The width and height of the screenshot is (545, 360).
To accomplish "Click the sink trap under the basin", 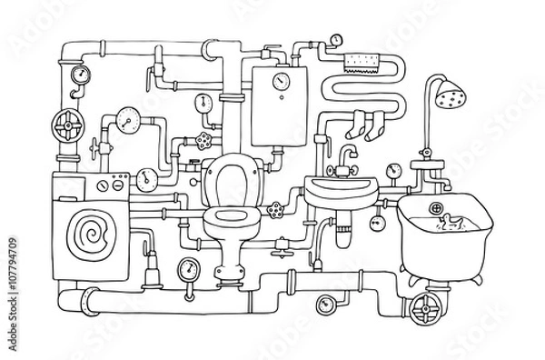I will click(x=343, y=235).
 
